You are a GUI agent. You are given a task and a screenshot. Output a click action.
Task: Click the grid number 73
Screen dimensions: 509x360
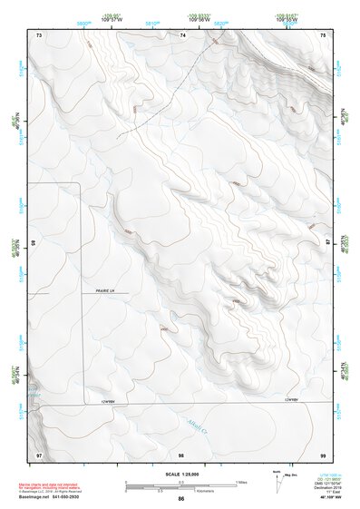[39, 34]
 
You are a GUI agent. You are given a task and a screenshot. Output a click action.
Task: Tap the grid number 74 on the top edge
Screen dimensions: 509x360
[182, 34]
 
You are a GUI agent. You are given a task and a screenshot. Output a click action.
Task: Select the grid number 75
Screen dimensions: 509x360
[324, 34]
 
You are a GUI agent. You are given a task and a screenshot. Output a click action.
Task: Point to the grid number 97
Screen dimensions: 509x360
[39, 452]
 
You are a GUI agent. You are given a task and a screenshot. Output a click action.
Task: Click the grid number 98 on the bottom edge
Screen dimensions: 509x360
[181, 452]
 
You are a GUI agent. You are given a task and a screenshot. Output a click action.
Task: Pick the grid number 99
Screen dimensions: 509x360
[324, 452]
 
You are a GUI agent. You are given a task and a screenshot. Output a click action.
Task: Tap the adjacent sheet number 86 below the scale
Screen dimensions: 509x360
[181, 499]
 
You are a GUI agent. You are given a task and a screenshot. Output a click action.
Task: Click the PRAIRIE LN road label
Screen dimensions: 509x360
[108, 291]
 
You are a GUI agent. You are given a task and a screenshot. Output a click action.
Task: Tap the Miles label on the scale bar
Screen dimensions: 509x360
[242, 481]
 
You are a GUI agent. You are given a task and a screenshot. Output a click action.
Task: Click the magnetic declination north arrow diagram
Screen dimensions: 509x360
[277, 484]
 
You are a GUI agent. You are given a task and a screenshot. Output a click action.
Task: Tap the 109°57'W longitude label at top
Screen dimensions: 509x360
[112, 19]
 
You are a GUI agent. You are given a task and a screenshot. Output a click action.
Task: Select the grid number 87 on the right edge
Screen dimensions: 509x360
[327, 242]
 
